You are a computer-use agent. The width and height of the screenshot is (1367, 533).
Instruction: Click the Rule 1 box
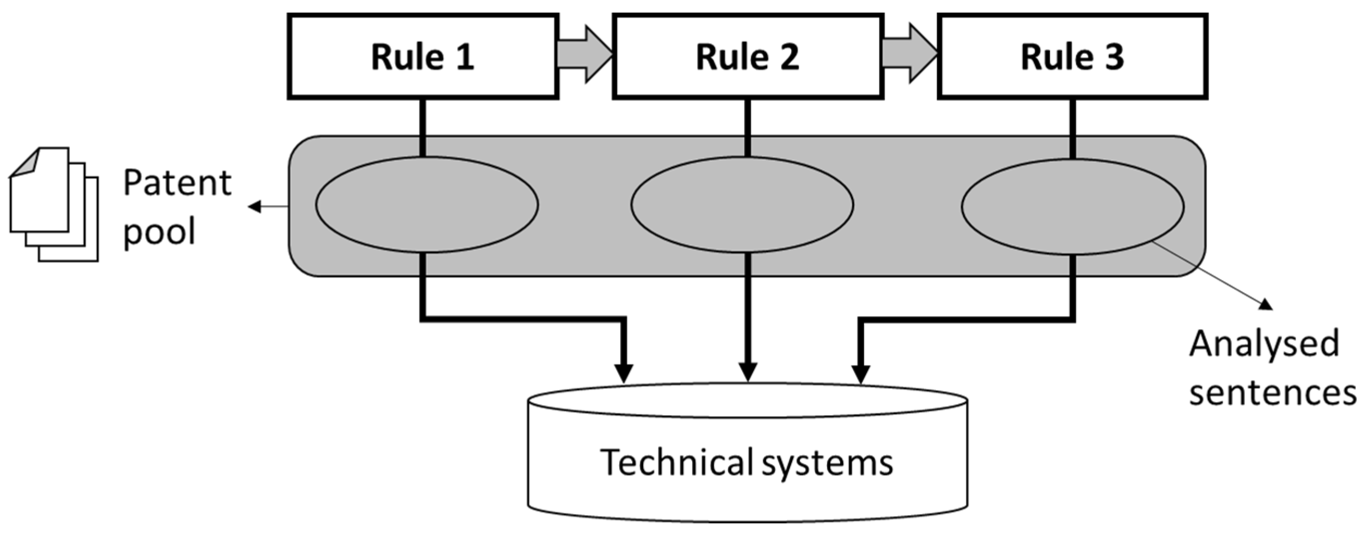pos(423,56)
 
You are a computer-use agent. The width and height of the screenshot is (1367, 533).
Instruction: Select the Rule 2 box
pos(747,56)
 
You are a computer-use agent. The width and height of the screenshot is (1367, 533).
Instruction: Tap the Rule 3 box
pos(1072,56)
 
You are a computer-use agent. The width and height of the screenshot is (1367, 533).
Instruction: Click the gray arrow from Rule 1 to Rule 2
pos(584,54)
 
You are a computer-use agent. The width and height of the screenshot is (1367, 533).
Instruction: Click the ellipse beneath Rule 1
pos(427,204)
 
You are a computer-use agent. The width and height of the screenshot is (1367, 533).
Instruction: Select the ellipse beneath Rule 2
pos(742,204)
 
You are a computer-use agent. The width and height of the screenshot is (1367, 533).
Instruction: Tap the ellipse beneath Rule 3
pos(1072,206)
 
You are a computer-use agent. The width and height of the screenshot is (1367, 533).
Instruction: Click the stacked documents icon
pos(53,204)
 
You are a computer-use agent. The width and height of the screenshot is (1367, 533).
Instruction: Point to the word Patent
pos(177,184)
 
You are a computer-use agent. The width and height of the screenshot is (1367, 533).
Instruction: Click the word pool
pos(159,232)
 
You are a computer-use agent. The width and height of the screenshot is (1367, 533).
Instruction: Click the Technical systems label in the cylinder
pos(746,462)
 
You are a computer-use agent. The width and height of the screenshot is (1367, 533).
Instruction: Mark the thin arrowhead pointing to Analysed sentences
pos(1266,304)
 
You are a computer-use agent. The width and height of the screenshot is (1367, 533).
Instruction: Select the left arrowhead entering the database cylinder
pos(624,373)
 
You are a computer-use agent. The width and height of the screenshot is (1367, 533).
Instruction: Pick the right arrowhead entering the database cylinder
pos(860,373)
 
